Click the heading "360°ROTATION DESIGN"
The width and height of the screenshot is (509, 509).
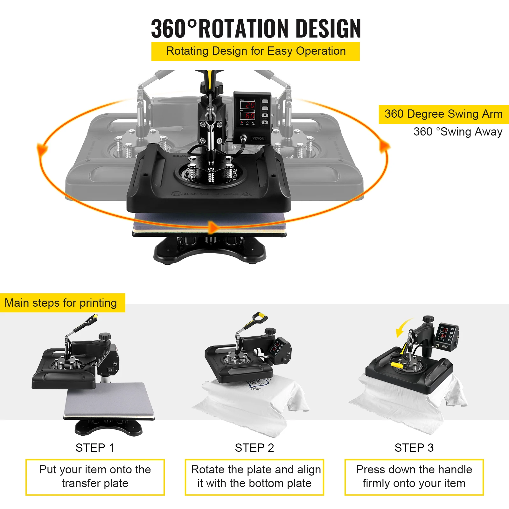256,29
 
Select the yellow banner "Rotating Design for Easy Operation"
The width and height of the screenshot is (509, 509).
256,51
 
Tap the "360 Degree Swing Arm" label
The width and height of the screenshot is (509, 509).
443,114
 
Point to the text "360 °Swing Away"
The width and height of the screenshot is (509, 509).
458,132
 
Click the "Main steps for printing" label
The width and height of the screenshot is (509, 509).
61,303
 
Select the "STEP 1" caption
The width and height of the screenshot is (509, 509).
95,448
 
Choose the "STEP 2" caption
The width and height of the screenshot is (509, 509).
254,448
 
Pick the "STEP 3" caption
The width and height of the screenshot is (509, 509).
414,448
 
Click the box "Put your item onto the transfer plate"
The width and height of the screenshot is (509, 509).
95,477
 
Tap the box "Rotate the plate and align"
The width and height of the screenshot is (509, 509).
254,477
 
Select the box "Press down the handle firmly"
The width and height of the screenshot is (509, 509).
414,477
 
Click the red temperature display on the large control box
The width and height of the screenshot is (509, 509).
248,105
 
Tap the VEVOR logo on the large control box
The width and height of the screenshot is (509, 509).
258,138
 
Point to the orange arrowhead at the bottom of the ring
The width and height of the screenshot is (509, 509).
213,227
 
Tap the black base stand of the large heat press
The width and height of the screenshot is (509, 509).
210,250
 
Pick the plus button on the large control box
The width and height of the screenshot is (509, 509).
265,101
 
